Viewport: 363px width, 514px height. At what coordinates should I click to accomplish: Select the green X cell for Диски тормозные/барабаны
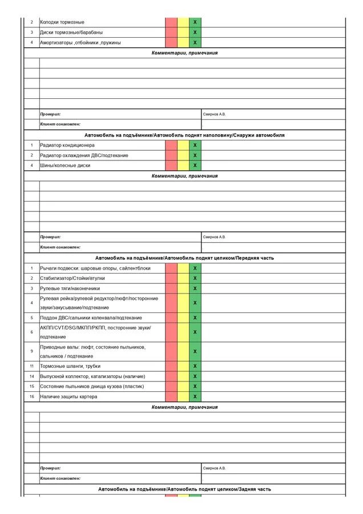[195, 33]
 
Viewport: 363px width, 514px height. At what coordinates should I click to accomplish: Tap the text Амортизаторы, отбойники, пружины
[80, 43]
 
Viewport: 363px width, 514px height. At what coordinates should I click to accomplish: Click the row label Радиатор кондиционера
[63, 146]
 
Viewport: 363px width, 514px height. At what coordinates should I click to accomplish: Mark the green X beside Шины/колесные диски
[195, 166]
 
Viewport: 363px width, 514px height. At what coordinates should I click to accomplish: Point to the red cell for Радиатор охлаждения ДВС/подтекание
[171, 155]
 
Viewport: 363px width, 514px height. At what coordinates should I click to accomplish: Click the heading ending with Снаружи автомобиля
[184, 135]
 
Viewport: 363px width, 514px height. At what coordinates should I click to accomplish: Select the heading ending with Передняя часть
[184, 258]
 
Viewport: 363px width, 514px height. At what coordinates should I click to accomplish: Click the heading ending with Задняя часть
[184, 489]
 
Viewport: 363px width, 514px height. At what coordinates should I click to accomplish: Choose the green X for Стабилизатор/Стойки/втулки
[195, 278]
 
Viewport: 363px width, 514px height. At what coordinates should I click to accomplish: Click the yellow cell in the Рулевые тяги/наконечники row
[183, 288]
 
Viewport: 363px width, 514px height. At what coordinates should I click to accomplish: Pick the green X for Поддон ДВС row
[195, 318]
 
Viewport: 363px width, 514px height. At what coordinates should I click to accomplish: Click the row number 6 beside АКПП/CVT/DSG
[32, 332]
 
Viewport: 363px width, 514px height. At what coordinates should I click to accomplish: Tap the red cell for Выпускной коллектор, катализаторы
[171, 376]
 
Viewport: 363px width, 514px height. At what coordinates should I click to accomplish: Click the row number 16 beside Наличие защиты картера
[32, 396]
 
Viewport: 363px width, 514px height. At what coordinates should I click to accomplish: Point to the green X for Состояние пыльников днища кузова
[195, 387]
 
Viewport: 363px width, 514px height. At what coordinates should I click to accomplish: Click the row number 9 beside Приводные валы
[32, 351]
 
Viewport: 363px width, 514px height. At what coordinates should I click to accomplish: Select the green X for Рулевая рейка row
[195, 303]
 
